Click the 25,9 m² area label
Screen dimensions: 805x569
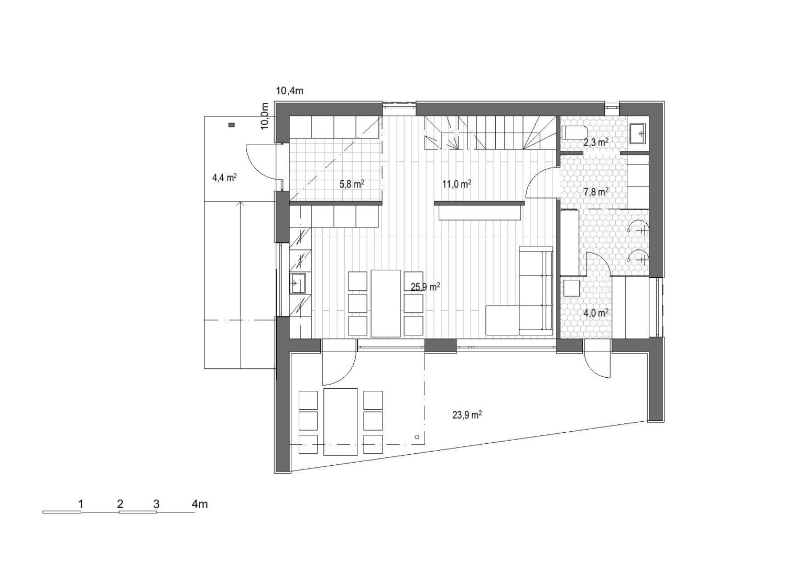[x=426, y=287]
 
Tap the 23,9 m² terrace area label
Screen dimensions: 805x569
[x=467, y=415]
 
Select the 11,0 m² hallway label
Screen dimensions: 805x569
[x=457, y=184]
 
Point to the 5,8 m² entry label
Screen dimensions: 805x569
[x=352, y=184]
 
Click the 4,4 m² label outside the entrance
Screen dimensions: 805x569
[x=224, y=178]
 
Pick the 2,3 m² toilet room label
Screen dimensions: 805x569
[x=596, y=143]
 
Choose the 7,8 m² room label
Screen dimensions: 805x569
[x=596, y=192]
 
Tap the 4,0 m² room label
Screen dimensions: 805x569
[x=596, y=313]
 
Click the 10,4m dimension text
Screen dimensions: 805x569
[x=289, y=91]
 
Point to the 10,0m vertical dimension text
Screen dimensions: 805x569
[x=265, y=116]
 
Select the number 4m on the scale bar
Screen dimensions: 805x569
[x=200, y=504]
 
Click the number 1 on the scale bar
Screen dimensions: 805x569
[x=81, y=504]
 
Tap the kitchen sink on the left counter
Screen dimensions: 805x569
[x=298, y=284]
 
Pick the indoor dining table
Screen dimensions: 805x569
[x=386, y=303]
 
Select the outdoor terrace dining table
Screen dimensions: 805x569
[x=341, y=422]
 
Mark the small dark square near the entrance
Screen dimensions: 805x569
[x=232, y=125]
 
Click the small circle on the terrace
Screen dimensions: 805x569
[x=417, y=437]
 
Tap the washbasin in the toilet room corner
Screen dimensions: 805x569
[x=638, y=134]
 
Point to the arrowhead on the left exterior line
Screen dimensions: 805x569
[x=241, y=204]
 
